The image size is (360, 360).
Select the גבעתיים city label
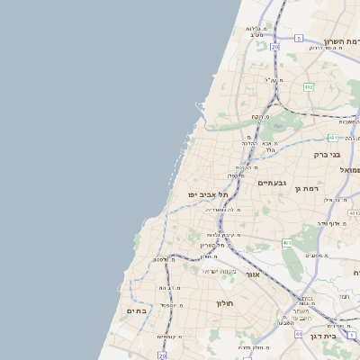(x=271, y=183)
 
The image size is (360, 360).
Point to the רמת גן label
(x=333, y=189)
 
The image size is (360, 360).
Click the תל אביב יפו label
(x=209, y=194)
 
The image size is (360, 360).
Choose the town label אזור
(x=253, y=274)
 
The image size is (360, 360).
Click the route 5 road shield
(x=299, y=39)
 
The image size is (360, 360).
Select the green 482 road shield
(x=309, y=86)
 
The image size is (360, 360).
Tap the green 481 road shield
(x=332, y=138)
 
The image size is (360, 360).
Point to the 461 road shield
(x=287, y=243)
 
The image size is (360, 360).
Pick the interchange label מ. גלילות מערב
(x=266, y=31)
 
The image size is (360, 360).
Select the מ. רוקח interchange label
(x=259, y=117)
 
